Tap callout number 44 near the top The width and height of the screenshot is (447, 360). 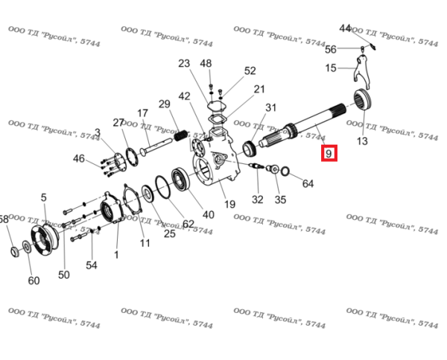[345, 28]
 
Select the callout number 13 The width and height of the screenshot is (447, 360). [363, 141]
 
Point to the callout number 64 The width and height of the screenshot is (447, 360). [308, 183]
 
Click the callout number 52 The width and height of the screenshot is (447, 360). [250, 71]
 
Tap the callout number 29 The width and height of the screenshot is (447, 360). [165, 103]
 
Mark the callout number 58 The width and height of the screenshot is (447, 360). [4, 219]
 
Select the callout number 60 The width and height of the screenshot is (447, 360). [34, 280]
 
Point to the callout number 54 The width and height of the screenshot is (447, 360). [91, 265]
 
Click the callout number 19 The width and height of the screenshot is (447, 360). [229, 203]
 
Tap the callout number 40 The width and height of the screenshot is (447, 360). [208, 215]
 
